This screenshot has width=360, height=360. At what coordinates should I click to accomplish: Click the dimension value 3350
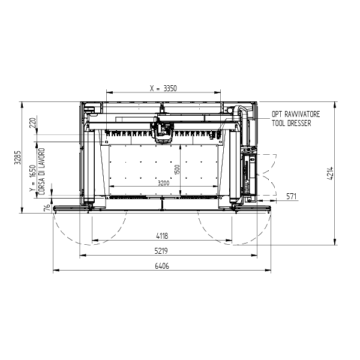[x=170, y=88]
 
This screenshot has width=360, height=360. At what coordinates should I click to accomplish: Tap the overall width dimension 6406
[x=162, y=266]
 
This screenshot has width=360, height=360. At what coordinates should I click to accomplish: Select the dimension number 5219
[x=161, y=251]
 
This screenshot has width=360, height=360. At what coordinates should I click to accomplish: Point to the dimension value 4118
[x=162, y=236]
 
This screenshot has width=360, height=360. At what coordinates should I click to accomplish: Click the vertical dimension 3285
[x=18, y=157]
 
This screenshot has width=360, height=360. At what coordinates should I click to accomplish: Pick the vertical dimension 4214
[x=330, y=173]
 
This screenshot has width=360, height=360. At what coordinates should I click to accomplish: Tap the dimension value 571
[x=292, y=197]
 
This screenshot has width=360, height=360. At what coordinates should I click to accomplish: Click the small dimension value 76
[x=47, y=208]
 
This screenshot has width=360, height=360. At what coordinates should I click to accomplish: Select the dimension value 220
[x=33, y=123]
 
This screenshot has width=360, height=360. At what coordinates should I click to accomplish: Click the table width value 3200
[x=163, y=183]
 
